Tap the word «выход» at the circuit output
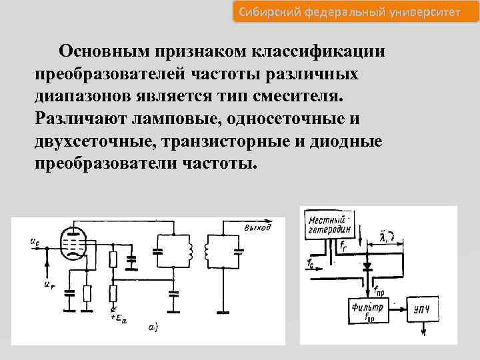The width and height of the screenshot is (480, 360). click(257, 228)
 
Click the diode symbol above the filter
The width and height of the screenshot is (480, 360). click(367, 267)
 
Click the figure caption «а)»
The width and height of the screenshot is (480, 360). click(153, 327)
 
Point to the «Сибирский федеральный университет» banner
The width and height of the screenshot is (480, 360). click(347, 11)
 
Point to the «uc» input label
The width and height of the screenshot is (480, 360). click(34, 243)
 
